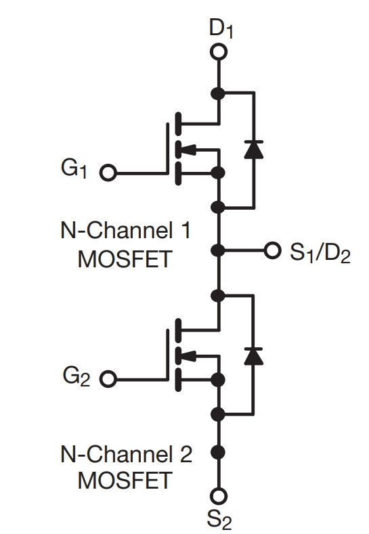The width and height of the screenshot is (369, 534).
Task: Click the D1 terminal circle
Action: point(219,51)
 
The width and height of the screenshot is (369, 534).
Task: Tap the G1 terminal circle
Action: point(108,173)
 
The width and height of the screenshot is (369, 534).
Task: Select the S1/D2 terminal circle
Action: point(272,250)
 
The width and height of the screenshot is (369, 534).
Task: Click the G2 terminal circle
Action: point(108,379)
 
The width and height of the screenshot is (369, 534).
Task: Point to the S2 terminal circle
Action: point(219,495)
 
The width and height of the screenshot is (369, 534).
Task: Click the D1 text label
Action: point(221,28)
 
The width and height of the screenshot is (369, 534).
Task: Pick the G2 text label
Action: point(76,376)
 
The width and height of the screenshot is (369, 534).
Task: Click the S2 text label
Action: point(219,520)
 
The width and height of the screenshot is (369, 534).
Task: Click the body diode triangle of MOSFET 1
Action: point(254,149)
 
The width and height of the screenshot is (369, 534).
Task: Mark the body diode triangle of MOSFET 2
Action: point(253,356)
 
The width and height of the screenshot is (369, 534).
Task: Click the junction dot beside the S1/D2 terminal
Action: point(218,250)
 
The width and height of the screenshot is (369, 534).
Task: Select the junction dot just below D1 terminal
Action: point(218,93)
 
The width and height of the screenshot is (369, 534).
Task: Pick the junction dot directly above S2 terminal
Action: point(218,452)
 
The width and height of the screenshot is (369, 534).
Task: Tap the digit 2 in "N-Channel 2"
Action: point(186,454)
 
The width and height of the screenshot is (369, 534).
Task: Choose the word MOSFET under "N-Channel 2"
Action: point(125,481)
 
